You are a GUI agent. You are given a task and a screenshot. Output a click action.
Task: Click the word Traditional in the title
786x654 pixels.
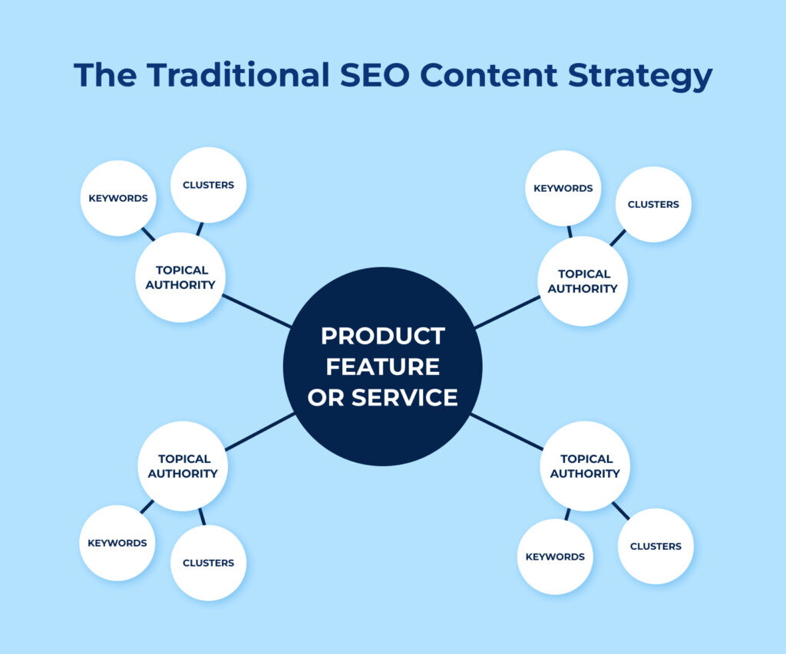pyautogui.click(x=238, y=75)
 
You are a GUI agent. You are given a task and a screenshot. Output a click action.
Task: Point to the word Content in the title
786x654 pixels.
pyautogui.click(x=488, y=75)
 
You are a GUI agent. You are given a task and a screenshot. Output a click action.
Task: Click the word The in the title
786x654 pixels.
pyautogui.click(x=105, y=75)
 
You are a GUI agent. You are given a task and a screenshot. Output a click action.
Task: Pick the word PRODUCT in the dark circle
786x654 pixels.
pyautogui.click(x=383, y=336)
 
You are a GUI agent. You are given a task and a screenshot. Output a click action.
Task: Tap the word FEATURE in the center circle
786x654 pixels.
pyautogui.click(x=383, y=366)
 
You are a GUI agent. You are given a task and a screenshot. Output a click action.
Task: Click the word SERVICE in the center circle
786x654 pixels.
pyautogui.click(x=405, y=398)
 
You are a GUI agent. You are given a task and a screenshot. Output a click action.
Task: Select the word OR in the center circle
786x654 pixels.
pyautogui.click(x=325, y=398)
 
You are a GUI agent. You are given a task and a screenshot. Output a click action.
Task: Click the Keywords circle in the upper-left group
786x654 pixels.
pyautogui.click(x=118, y=199)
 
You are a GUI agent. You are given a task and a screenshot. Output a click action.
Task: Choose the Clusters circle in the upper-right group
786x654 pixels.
pyautogui.click(x=653, y=204)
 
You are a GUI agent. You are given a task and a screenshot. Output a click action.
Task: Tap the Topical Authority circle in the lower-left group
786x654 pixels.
pyautogui.click(x=183, y=466)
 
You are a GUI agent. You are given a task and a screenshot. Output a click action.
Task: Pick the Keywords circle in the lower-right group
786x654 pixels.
pyautogui.click(x=555, y=557)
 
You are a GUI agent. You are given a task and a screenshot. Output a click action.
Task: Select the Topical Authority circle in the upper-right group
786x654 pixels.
pyautogui.click(x=583, y=281)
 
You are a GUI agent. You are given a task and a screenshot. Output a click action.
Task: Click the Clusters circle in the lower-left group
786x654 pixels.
pyautogui.click(x=209, y=563)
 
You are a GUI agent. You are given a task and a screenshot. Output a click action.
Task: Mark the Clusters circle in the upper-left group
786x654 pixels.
pyautogui.click(x=209, y=185)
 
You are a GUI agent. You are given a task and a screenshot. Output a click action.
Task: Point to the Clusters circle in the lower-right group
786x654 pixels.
pyautogui.click(x=656, y=547)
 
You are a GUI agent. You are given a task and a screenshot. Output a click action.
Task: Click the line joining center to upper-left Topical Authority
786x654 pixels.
pyautogui.click(x=256, y=311)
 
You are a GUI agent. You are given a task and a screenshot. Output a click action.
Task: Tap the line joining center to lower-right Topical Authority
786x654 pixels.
pyautogui.click(x=507, y=432)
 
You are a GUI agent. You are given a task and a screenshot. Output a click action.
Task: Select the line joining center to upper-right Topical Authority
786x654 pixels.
pyautogui.click(x=507, y=312)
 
